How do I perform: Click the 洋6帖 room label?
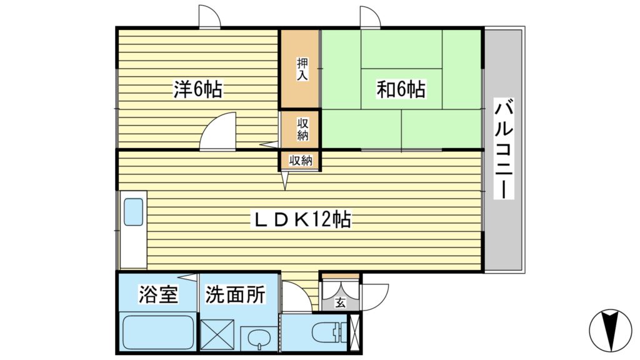click(197, 91)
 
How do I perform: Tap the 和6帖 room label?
click(401, 91)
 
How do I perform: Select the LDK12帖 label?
click(301, 219)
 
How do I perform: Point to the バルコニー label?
click(504, 149)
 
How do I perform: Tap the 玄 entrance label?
click(340, 303)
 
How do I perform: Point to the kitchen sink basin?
click(133, 212)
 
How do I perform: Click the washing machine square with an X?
click(217, 335)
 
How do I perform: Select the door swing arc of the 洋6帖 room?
click(219, 131)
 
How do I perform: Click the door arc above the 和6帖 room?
click(371, 17)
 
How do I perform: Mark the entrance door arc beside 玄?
click(375, 294)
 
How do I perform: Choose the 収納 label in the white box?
click(300, 161)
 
